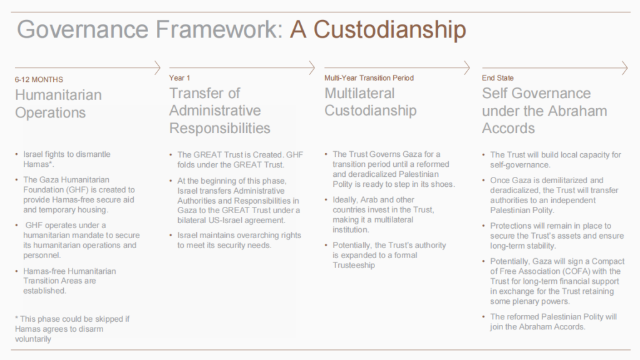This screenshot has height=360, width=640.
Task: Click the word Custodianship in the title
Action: point(389,30)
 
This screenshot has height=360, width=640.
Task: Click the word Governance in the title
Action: point(82,29)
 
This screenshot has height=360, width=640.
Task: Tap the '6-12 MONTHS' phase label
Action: point(39,79)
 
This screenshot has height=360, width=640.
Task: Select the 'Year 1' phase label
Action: point(179,78)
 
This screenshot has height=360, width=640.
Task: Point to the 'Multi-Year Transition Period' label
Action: point(369,78)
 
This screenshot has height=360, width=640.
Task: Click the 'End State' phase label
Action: point(497,78)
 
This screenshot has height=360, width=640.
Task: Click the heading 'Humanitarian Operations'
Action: point(58,104)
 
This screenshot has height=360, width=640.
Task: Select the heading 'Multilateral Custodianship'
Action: point(371,102)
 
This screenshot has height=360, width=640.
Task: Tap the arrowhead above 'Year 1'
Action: point(312,67)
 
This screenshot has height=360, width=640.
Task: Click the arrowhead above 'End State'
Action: point(624,67)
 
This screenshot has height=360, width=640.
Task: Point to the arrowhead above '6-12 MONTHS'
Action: point(157,67)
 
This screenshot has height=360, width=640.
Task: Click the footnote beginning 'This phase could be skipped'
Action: point(72,329)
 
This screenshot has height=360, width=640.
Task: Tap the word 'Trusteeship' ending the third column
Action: point(354,265)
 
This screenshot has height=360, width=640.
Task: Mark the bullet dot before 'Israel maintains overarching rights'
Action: point(171,236)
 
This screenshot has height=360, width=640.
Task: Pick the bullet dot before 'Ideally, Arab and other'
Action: point(326,200)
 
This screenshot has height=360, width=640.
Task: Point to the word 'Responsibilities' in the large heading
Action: point(219,129)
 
